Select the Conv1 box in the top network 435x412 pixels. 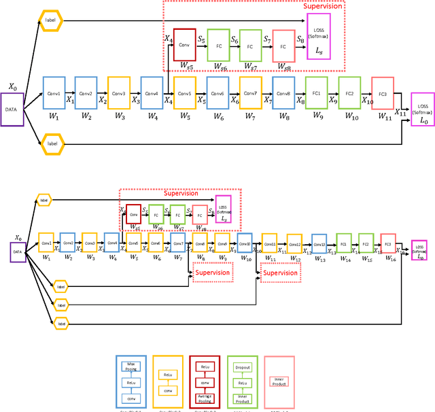coord(54,93)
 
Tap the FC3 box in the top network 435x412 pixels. coord(382,93)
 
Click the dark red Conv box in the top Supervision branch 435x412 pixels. coord(184,44)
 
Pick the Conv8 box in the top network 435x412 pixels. coord(283,93)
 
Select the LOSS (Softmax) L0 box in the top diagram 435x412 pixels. coord(423,110)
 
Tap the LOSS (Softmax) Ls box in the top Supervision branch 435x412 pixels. coord(319,41)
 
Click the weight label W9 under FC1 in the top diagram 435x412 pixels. coord(317,116)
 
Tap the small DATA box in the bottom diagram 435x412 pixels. coord(18,251)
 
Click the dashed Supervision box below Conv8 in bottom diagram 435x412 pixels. coord(213,273)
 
